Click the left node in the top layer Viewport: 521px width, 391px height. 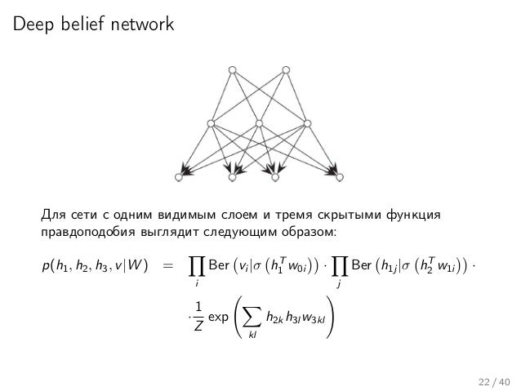pos(233,69)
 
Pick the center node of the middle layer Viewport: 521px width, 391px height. pos(259,123)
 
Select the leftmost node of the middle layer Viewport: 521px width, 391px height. pos(210,123)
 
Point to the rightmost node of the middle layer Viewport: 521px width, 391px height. pos(308,123)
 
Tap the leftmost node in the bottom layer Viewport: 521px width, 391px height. pos(180,176)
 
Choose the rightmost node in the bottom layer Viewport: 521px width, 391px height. pos(340,176)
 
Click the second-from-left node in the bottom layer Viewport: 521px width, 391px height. pos(232,176)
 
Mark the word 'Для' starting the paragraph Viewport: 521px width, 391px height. pos(51,215)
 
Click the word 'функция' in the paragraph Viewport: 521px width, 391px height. pos(416,215)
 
